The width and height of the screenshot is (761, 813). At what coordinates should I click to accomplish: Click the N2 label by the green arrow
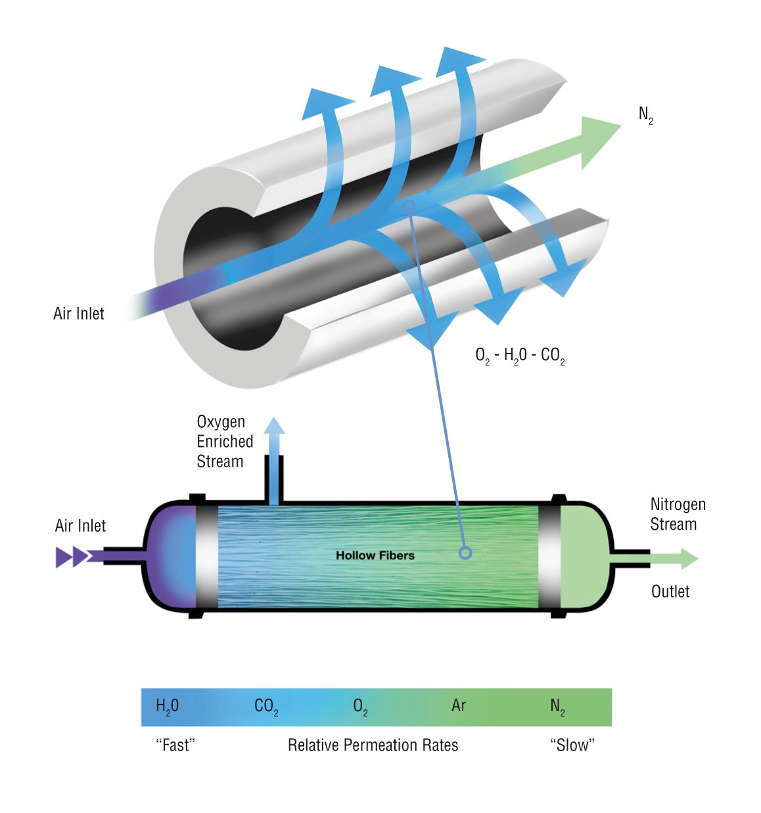[645, 115]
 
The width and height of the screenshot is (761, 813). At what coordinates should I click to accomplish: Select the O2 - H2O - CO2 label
[520, 356]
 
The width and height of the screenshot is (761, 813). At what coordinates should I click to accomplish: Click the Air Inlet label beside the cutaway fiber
[79, 314]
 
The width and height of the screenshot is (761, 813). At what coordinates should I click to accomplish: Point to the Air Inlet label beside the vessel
[80, 526]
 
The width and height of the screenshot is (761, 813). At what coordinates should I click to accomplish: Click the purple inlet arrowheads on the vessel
[73, 557]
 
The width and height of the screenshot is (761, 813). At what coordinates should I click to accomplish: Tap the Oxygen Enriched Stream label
[224, 442]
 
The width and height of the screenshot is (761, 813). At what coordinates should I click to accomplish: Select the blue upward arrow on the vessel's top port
[274, 434]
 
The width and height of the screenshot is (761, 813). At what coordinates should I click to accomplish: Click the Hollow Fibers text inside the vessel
[375, 555]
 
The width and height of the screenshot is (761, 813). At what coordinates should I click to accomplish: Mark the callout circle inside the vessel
[465, 553]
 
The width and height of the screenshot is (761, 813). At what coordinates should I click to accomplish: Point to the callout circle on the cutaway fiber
[409, 206]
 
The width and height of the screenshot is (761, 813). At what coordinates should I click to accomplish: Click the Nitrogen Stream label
[678, 514]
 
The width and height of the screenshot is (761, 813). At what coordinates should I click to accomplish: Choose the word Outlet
[670, 592]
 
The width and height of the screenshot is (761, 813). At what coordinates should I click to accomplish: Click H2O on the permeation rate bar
[167, 707]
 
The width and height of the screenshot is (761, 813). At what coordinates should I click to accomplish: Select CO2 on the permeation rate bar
[266, 707]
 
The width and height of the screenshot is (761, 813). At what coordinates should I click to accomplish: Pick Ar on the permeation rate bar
[459, 706]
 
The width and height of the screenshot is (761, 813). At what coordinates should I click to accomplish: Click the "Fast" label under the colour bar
[175, 745]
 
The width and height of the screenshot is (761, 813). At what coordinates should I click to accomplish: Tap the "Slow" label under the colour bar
[572, 745]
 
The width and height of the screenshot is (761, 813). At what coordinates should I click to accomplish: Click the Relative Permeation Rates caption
[373, 745]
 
